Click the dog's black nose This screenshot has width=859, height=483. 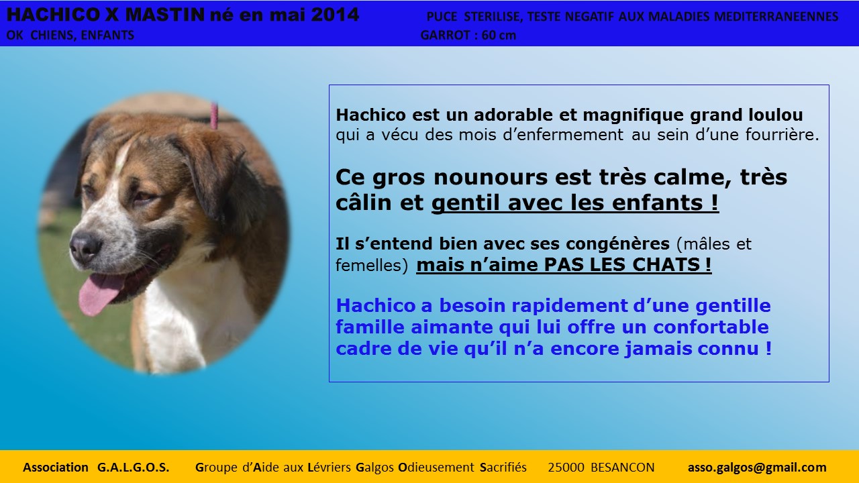[x=85, y=248]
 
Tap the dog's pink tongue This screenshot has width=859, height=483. [x=100, y=294]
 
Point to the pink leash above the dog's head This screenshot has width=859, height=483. [x=214, y=116]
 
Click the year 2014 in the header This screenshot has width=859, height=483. [x=334, y=15]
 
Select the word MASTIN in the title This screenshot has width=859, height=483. [x=164, y=15]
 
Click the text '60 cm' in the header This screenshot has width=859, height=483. [x=499, y=36]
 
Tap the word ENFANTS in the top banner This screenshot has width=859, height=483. [x=107, y=36]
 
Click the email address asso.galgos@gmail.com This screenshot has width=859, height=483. [x=757, y=468]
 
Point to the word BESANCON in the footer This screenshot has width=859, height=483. [x=622, y=468]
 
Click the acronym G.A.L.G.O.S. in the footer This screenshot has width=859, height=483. [x=133, y=468]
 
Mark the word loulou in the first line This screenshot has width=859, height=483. [x=775, y=115]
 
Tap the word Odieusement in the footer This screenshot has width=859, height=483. [x=436, y=468]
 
